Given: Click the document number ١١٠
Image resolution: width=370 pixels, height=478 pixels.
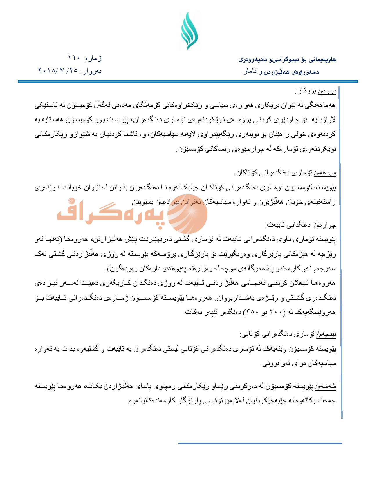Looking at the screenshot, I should coord(74,58).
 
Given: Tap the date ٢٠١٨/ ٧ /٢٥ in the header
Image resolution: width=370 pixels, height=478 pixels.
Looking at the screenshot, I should coord(58,70).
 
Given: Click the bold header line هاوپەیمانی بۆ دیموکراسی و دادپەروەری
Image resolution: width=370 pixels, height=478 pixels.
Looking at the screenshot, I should coord(287,59).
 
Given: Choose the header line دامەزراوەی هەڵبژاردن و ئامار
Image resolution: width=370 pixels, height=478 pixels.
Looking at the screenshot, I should coord(281,72).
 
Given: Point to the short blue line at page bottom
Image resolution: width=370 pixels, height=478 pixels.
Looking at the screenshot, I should coord(260,443).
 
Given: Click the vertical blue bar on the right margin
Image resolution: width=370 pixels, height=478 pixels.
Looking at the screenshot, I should coord(341,252).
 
